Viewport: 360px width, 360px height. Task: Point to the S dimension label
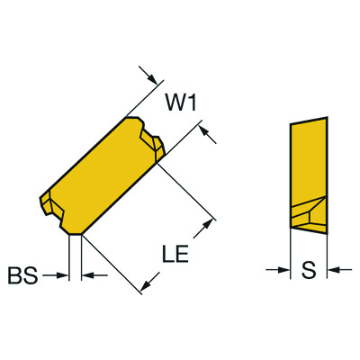point(307,268)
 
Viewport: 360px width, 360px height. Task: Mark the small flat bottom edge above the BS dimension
point(76,233)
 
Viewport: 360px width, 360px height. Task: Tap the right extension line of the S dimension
point(325,252)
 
